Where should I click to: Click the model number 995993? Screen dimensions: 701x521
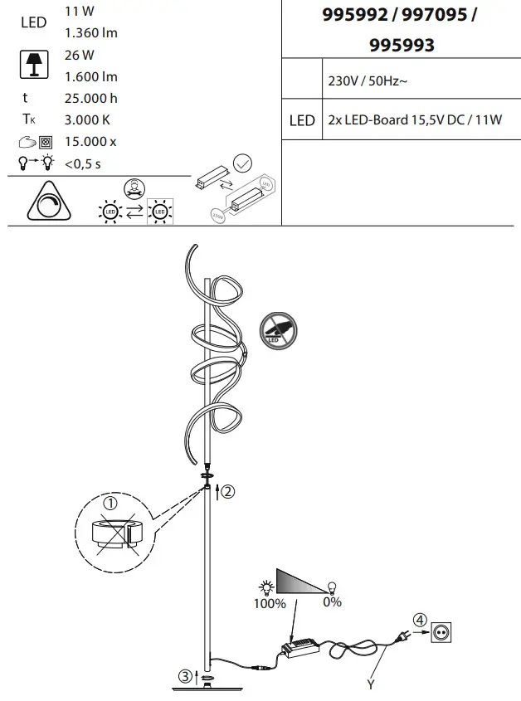(402, 46)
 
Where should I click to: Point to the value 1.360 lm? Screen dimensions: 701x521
(91, 33)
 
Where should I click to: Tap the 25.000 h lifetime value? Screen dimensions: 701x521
(91, 98)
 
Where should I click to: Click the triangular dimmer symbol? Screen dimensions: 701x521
(47, 201)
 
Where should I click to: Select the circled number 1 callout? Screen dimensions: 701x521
(110, 503)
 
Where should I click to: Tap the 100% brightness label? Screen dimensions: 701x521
(270, 602)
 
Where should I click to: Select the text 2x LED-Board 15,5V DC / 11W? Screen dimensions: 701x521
(415, 120)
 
